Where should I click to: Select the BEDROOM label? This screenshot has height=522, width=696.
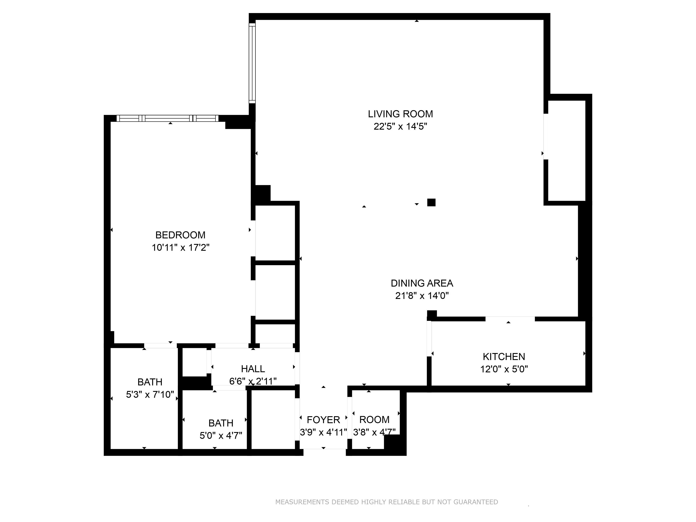tap(180, 235)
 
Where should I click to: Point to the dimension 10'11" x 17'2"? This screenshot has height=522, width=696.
tap(180, 248)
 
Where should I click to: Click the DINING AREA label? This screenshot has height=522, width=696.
tap(422, 283)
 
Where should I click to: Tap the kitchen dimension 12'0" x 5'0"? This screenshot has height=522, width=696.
tap(504, 369)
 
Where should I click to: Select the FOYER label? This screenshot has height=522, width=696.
tap(323, 420)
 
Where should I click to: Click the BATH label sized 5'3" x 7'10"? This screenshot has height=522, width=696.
tap(150, 382)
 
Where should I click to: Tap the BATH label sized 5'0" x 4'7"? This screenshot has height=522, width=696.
tap(221, 423)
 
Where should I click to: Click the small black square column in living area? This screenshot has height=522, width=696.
tap(431, 202)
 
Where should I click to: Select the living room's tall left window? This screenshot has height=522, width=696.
tap(252, 63)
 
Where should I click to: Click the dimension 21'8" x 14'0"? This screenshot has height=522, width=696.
tap(422, 296)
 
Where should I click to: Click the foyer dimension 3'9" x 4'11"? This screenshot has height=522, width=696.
tap(323, 432)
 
